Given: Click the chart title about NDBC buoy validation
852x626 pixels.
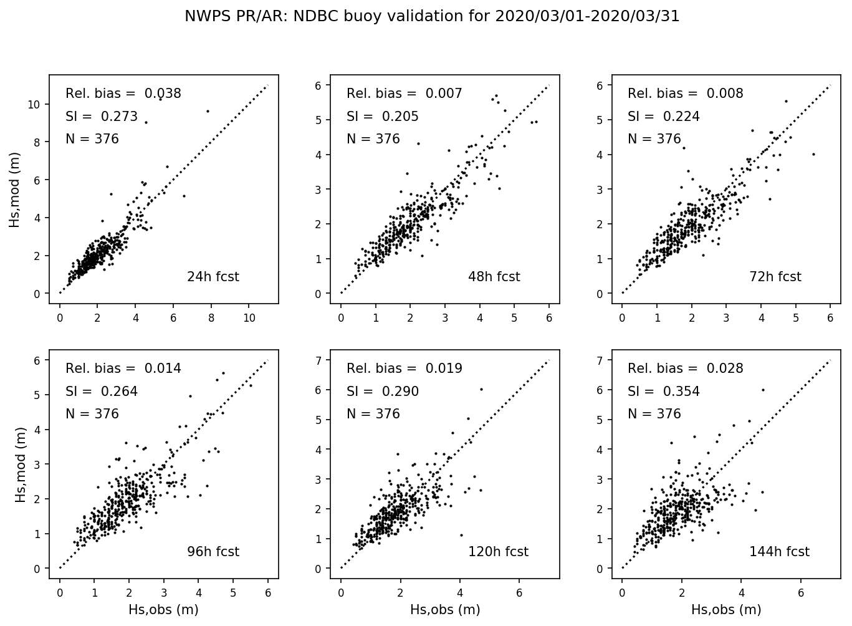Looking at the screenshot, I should click(x=431, y=16).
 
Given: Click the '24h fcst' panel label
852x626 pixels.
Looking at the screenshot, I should click(x=213, y=277).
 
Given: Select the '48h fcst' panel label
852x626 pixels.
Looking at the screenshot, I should click(x=494, y=277).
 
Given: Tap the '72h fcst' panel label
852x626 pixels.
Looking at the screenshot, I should click(x=775, y=277).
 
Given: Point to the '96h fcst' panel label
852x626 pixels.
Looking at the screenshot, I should click(x=213, y=552).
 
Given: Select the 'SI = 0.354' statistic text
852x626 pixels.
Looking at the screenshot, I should click(x=663, y=392).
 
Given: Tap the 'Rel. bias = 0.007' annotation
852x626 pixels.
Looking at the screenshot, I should click(x=404, y=94).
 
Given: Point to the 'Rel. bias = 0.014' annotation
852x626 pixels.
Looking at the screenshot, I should click(x=123, y=368).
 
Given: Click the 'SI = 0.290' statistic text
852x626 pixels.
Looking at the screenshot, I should click(x=382, y=392).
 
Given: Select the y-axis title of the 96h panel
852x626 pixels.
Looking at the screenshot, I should click(x=20, y=465).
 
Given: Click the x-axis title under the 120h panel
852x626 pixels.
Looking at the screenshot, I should click(x=444, y=610).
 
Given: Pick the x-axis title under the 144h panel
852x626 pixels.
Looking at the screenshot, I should click(x=725, y=610).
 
